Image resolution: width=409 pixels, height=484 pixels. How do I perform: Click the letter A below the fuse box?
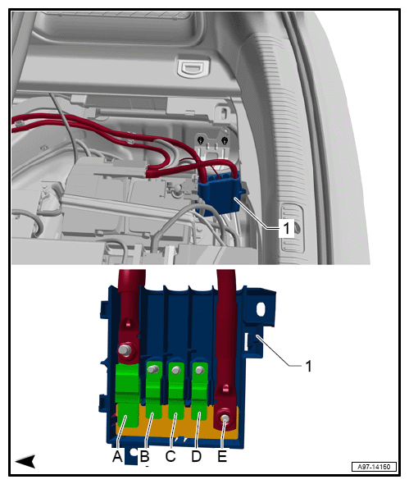pos(117,456)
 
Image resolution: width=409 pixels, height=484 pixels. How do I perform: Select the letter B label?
pos(144,456)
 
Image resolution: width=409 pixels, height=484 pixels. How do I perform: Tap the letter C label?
pos(170,456)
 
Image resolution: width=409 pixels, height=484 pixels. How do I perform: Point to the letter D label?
pos(196,456)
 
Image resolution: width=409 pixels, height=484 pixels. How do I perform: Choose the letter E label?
pos(222,456)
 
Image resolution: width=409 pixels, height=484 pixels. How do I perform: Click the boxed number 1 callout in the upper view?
pos(287,228)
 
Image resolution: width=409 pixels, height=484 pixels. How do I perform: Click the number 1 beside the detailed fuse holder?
pos(308,366)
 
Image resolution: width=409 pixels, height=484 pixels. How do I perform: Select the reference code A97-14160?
pos(374,467)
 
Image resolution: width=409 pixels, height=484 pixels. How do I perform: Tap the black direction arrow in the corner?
pos(25,461)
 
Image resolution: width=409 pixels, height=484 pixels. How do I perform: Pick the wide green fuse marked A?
pos(127,395)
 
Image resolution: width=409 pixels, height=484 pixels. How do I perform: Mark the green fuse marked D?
pos(199,390)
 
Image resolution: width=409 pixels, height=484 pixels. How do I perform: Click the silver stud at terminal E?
pos(225,418)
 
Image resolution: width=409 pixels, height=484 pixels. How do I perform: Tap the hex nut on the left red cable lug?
pos(125,349)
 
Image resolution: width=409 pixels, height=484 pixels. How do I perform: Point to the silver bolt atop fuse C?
pos(176,370)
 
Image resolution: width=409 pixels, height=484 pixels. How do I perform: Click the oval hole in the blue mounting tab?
pos(261,309)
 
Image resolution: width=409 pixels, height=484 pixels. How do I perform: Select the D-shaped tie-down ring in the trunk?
pos(193,68)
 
